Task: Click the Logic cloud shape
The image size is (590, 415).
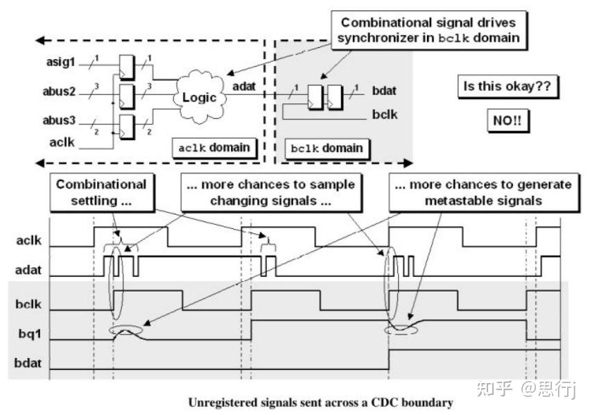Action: [200, 96]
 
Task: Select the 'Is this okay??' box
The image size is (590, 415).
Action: [507, 87]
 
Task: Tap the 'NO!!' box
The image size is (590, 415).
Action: [507, 121]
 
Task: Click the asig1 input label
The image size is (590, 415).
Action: [60, 62]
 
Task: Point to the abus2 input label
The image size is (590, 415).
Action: [59, 91]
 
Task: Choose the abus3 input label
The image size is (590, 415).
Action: [59, 121]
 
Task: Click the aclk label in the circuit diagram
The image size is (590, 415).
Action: [62, 142]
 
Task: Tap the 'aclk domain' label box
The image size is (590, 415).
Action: [214, 148]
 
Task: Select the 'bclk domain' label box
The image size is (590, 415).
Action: [327, 149]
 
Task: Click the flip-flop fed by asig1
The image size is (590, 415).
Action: [126, 67]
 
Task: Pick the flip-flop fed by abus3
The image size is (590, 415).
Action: [126, 126]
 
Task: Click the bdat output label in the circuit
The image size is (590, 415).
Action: [384, 91]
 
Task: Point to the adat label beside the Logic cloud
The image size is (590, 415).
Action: [244, 86]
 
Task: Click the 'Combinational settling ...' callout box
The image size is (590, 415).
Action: [102, 192]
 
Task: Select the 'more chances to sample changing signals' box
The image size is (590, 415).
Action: [271, 192]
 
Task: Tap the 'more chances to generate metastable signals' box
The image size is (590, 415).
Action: [483, 192]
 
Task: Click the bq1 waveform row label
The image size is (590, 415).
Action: [30, 334]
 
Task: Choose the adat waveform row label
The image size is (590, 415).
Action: [28, 270]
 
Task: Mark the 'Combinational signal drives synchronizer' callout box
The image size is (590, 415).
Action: [429, 30]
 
